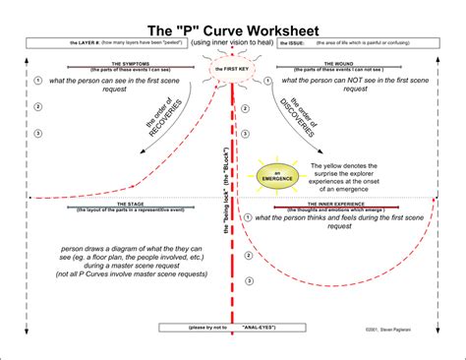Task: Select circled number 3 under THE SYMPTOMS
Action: click(x=36, y=133)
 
